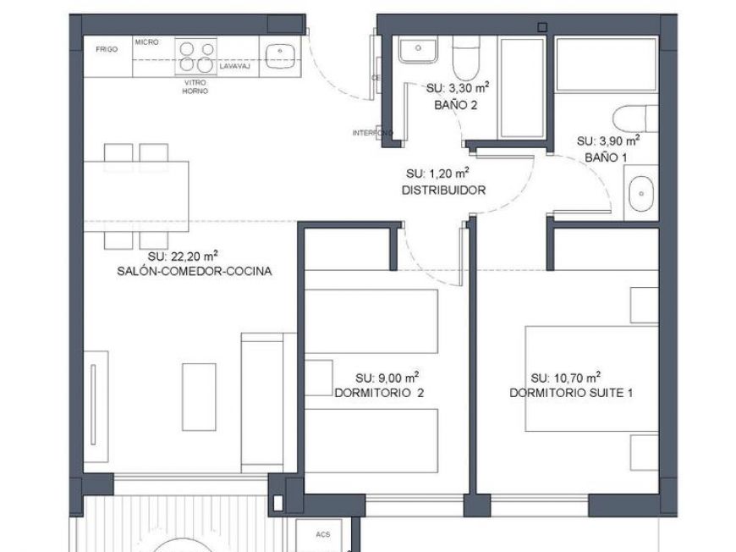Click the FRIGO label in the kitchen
coord(107,49)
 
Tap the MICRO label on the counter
coord(147,41)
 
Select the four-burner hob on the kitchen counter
coord(195,57)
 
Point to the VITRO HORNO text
coord(195,86)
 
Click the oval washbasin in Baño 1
coord(641,195)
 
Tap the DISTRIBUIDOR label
coord(443,190)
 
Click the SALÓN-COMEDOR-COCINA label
coord(195,272)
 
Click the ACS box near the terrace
coord(322,535)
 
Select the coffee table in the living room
coord(199,389)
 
